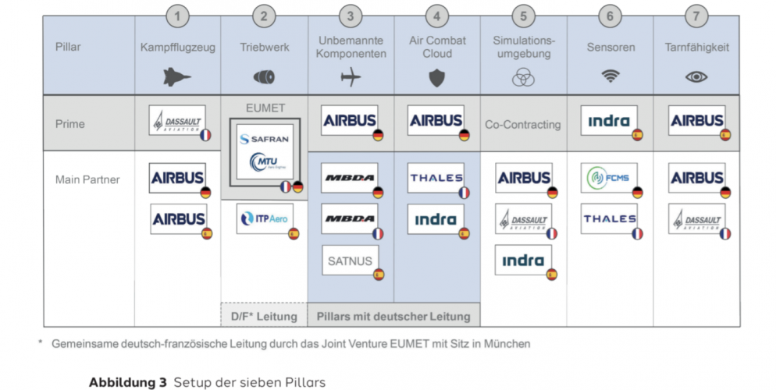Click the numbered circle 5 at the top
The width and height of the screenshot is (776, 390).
point(523,16)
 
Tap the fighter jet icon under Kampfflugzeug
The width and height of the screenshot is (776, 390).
point(177,76)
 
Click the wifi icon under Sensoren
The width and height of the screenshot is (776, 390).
point(610,76)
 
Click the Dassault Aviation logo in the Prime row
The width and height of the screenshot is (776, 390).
point(177,121)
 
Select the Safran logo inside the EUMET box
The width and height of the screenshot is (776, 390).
point(265,139)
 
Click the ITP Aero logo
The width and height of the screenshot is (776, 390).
point(265,218)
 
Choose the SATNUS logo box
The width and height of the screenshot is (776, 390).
point(350,260)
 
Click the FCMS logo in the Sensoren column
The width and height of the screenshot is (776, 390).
point(610,178)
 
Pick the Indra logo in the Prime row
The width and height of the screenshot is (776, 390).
point(610,121)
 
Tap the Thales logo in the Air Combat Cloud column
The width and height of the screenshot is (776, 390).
point(436,178)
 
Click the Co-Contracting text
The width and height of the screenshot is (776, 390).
point(522,124)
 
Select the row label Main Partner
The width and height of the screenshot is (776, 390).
point(87,179)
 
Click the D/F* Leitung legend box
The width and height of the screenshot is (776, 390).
point(265,316)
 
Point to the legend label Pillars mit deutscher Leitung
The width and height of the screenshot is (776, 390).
point(393,316)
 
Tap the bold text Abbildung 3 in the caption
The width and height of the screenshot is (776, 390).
point(127,382)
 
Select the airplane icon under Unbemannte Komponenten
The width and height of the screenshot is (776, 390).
point(351,77)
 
